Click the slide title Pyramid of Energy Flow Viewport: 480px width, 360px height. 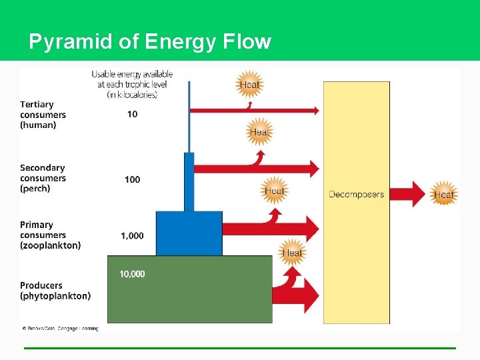click(x=150, y=42)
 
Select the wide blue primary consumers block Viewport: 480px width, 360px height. click(x=189, y=233)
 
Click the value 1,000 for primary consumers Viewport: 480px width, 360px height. click(x=132, y=235)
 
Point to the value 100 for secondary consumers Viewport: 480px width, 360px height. click(x=132, y=179)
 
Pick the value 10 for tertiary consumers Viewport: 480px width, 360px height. click(x=132, y=114)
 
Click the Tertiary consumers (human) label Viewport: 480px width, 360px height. click(x=43, y=115)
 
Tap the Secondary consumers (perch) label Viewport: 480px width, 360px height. click(x=43, y=178)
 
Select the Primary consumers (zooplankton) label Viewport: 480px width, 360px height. click(x=50, y=235)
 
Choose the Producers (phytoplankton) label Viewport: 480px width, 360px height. click(x=55, y=291)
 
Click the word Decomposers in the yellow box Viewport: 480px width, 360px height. click(x=356, y=195)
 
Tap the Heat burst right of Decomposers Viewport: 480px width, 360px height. click(x=443, y=195)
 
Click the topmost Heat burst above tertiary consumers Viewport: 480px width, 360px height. click(x=249, y=85)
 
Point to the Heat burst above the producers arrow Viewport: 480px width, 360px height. click(x=292, y=253)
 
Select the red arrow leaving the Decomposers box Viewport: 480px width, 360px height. click(x=409, y=194)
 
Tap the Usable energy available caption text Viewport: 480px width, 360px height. click(x=132, y=84)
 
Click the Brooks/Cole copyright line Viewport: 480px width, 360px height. click(x=60, y=328)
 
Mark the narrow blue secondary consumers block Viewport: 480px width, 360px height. click(x=189, y=181)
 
